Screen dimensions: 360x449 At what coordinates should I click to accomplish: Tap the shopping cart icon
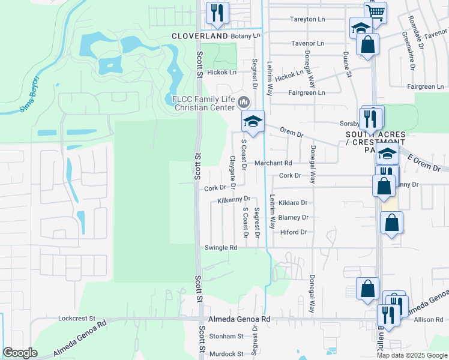coord(375,11)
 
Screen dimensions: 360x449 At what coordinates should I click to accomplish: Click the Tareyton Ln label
coord(307,19)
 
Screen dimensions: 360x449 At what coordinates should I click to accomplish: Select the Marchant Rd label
coord(273,163)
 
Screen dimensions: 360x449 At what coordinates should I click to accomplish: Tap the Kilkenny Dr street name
coord(234,199)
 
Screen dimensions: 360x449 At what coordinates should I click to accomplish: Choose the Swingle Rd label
coord(221,247)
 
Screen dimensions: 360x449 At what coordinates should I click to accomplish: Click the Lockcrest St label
coord(77,318)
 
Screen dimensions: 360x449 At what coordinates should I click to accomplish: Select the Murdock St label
coord(226,354)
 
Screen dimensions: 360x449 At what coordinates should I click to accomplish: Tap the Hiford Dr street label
coord(293,232)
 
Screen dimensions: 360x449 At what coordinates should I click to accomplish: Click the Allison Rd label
coord(428,320)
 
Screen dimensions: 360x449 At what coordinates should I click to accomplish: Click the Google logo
coord(20,353)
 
